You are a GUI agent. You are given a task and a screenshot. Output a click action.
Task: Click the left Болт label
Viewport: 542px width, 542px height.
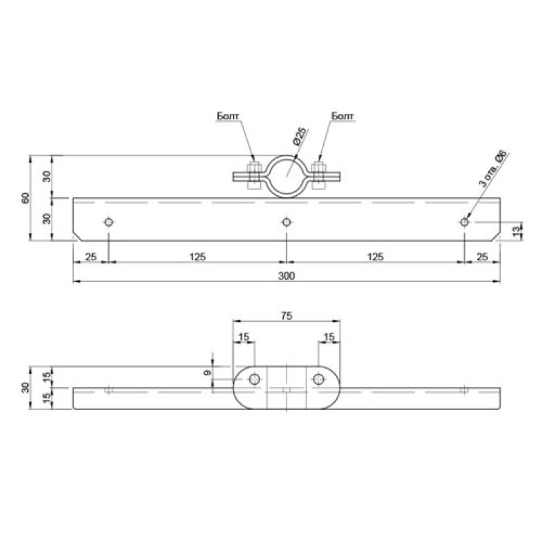(x=228, y=116)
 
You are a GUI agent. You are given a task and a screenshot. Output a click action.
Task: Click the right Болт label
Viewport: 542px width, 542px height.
(x=342, y=116)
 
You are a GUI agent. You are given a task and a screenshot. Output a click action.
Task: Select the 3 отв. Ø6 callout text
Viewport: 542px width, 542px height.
(x=493, y=169)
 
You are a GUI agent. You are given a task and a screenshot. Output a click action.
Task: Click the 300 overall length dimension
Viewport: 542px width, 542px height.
(x=286, y=276)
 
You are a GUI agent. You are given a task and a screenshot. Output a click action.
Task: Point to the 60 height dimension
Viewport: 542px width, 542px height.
(x=26, y=198)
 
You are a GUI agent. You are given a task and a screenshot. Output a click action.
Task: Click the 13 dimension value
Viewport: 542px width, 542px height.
(x=516, y=231)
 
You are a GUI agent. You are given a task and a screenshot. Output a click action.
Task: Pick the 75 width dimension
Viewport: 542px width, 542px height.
(x=286, y=316)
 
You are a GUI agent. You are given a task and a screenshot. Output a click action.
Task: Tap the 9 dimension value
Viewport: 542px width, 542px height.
(x=207, y=373)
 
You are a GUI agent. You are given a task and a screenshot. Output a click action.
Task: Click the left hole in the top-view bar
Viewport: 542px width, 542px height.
(x=108, y=222)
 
